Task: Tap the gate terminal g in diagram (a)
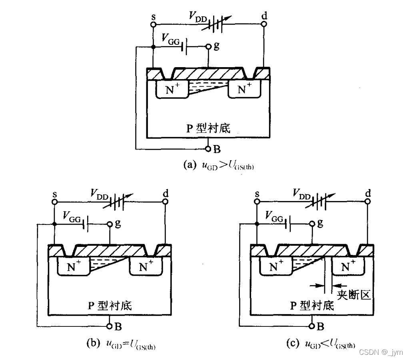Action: [x=208, y=46]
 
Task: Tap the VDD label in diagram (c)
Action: [x=301, y=194]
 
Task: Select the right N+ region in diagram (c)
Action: [x=349, y=266]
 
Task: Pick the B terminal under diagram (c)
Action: [x=312, y=326]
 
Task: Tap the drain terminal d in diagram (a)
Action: [x=264, y=24]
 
